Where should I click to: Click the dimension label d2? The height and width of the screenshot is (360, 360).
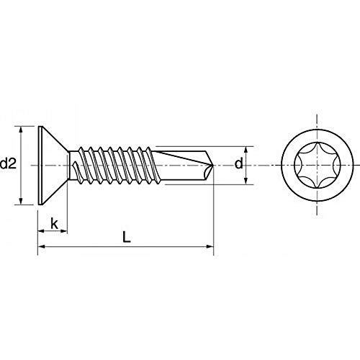tap(8, 163)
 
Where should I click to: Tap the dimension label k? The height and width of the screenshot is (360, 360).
tap(55, 224)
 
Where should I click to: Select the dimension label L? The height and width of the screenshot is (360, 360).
tap(127, 237)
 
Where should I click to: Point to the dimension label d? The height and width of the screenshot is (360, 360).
tap(238, 163)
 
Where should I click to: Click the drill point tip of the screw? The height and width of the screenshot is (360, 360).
tap(213, 165)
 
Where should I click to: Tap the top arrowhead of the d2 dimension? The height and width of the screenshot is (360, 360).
tap(21, 130)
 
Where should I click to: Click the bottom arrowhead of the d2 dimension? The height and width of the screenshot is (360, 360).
tap(21, 201)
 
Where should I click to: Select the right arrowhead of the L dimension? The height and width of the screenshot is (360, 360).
tap(210, 246)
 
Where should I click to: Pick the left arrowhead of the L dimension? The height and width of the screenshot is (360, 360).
tap(42, 246)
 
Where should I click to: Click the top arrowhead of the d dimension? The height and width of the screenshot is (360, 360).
tap(246, 150)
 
